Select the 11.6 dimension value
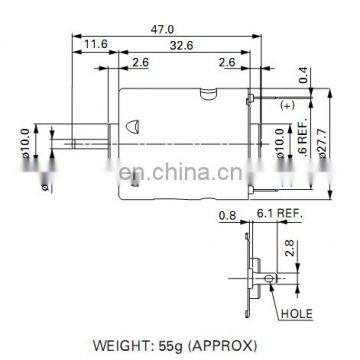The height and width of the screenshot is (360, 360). point(96,45)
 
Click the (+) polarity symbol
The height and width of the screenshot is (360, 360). point(287,105)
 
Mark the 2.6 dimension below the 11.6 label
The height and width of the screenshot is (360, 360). point(140,62)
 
